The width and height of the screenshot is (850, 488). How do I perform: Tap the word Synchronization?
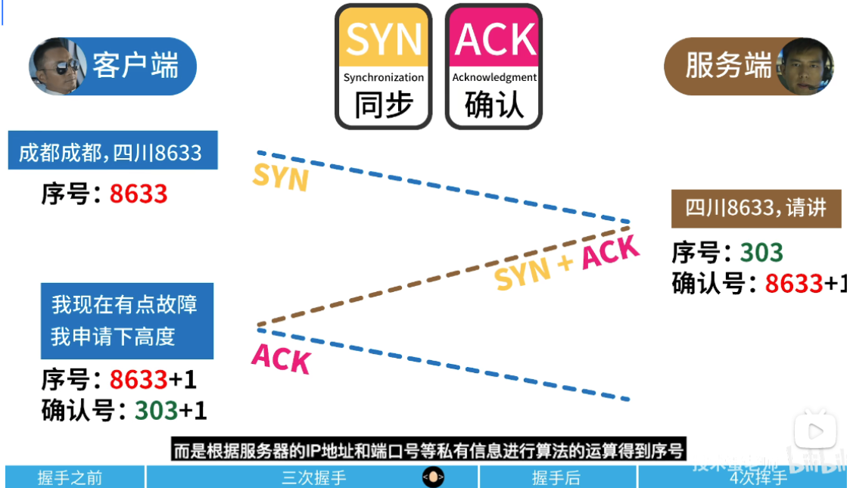[x=384, y=77]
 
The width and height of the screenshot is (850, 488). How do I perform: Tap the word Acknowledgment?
[x=494, y=77]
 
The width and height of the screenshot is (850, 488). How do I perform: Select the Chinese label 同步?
[x=384, y=105]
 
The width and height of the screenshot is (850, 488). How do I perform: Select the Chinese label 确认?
[x=494, y=105]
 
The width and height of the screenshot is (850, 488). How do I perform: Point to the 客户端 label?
[x=135, y=67]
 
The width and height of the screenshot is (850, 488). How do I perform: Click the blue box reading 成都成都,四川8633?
[x=112, y=152]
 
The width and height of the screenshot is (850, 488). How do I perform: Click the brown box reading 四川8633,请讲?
[x=755, y=208]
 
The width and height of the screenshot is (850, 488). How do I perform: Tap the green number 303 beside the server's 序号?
[x=761, y=252]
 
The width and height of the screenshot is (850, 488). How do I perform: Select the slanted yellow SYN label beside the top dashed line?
[x=281, y=177]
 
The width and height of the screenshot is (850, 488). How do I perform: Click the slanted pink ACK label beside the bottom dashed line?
[x=281, y=358]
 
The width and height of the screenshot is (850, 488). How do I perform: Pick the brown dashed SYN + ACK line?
[x=424, y=279]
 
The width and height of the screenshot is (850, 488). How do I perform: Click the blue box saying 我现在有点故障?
[x=126, y=320]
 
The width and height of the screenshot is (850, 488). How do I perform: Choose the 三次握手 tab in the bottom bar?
[x=313, y=478]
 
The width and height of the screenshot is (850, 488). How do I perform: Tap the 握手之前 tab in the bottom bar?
[x=70, y=478]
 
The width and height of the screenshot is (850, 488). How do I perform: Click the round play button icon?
[x=814, y=431]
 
